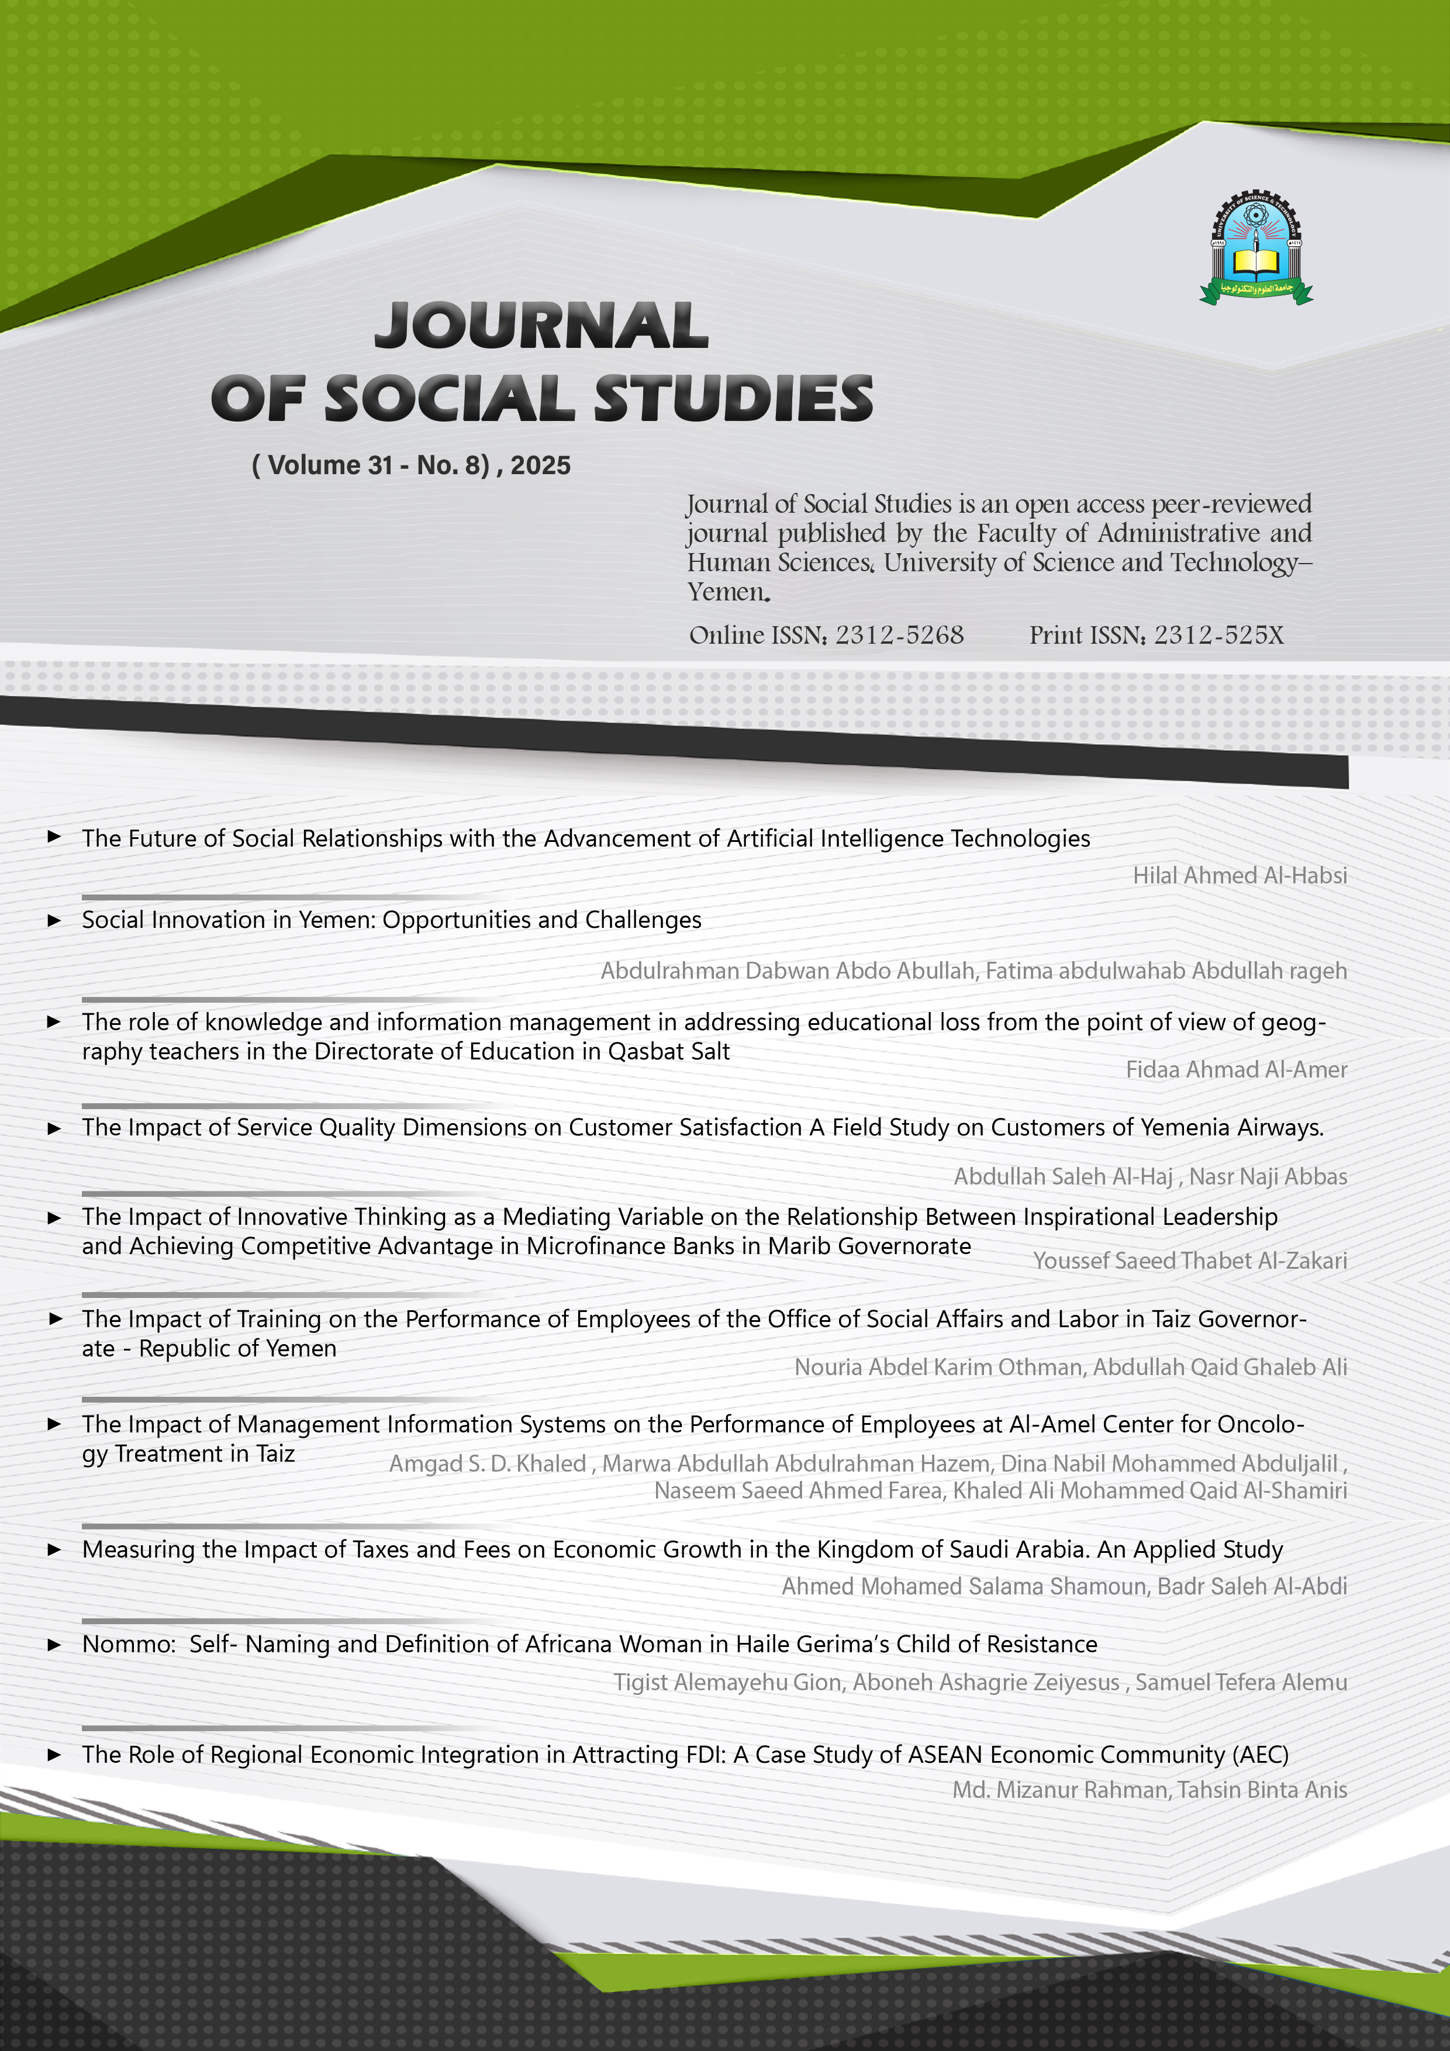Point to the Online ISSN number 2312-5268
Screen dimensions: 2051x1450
900,635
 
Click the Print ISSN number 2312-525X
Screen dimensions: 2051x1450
1218,635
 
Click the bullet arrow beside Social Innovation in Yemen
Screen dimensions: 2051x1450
54,920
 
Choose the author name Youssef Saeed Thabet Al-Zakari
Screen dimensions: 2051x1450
1190,1261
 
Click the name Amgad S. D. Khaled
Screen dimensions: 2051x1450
488,1463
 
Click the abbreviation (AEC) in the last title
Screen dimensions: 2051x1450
1260,1755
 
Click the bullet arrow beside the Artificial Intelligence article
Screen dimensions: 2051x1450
54,837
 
